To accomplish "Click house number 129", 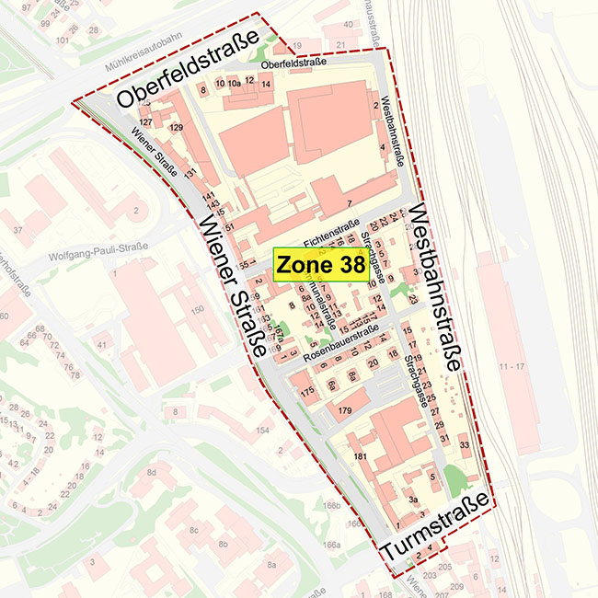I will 177,127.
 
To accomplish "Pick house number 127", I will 144,121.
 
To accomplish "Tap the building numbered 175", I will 307,392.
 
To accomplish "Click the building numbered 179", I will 345,408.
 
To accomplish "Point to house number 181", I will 361,456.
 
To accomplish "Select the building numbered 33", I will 465,445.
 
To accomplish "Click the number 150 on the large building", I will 197,311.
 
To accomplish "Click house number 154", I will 262,431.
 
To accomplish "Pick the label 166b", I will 332,505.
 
